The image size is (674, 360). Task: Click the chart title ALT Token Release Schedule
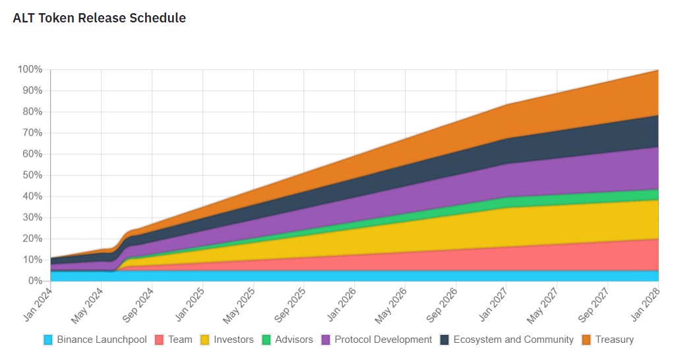[x=99, y=18]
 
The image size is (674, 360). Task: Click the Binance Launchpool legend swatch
[x=47, y=340]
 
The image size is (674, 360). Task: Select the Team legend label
[x=180, y=340]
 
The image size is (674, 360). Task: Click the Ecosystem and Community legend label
[x=513, y=340]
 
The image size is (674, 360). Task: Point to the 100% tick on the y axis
[x=30, y=69]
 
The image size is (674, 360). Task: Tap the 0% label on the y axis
[x=35, y=281]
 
